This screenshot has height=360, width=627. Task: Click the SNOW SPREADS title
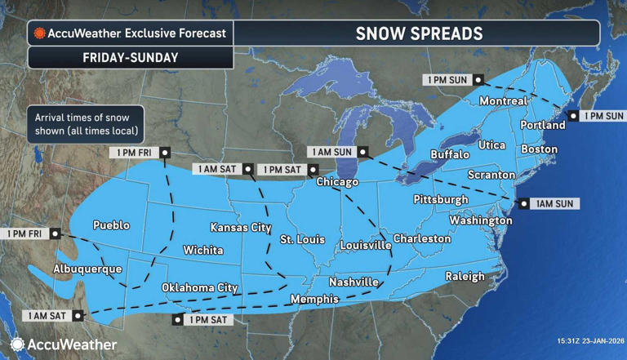tap(419, 33)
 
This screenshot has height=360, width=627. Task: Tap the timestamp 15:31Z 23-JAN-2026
tap(578, 340)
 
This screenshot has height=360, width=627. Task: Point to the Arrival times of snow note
tap(85, 124)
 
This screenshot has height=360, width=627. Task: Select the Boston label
tap(539, 149)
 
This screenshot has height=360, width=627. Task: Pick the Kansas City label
tap(241, 227)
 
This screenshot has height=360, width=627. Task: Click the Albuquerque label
tap(87, 269)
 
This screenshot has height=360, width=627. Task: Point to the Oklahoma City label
tap(199, 287)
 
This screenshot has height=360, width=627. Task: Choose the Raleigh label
tap(465, 276)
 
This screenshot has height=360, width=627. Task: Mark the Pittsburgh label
tap(441, 199)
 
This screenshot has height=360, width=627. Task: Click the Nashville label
tap(354, 282)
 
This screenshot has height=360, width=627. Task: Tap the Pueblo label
tap(111, 225)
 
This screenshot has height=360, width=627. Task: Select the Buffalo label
tap(450, 154)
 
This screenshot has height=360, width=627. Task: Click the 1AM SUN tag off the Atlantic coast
tap(554, 203)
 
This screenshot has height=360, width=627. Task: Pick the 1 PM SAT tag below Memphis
tap(209, 320)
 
